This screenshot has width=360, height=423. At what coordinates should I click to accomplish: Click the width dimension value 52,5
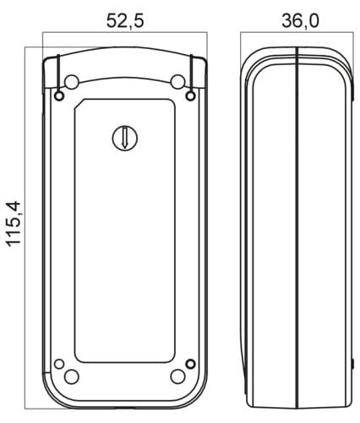[125, 21]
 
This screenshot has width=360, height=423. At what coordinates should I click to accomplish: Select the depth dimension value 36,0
[301, 21]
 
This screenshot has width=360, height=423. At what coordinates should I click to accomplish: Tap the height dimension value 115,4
[14, 224]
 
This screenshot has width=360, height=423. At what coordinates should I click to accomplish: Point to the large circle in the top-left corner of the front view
[72, 81]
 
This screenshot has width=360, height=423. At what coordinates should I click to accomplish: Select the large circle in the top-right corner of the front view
[178, 81]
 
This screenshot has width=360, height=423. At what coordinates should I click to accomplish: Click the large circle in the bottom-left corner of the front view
[72, 376]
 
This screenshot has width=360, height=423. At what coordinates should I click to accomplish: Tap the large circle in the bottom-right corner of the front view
[178, 376]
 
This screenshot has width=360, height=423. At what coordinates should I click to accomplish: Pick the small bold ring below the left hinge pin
[59, 96]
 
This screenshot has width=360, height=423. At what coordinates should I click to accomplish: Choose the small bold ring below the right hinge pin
[191, 96]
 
